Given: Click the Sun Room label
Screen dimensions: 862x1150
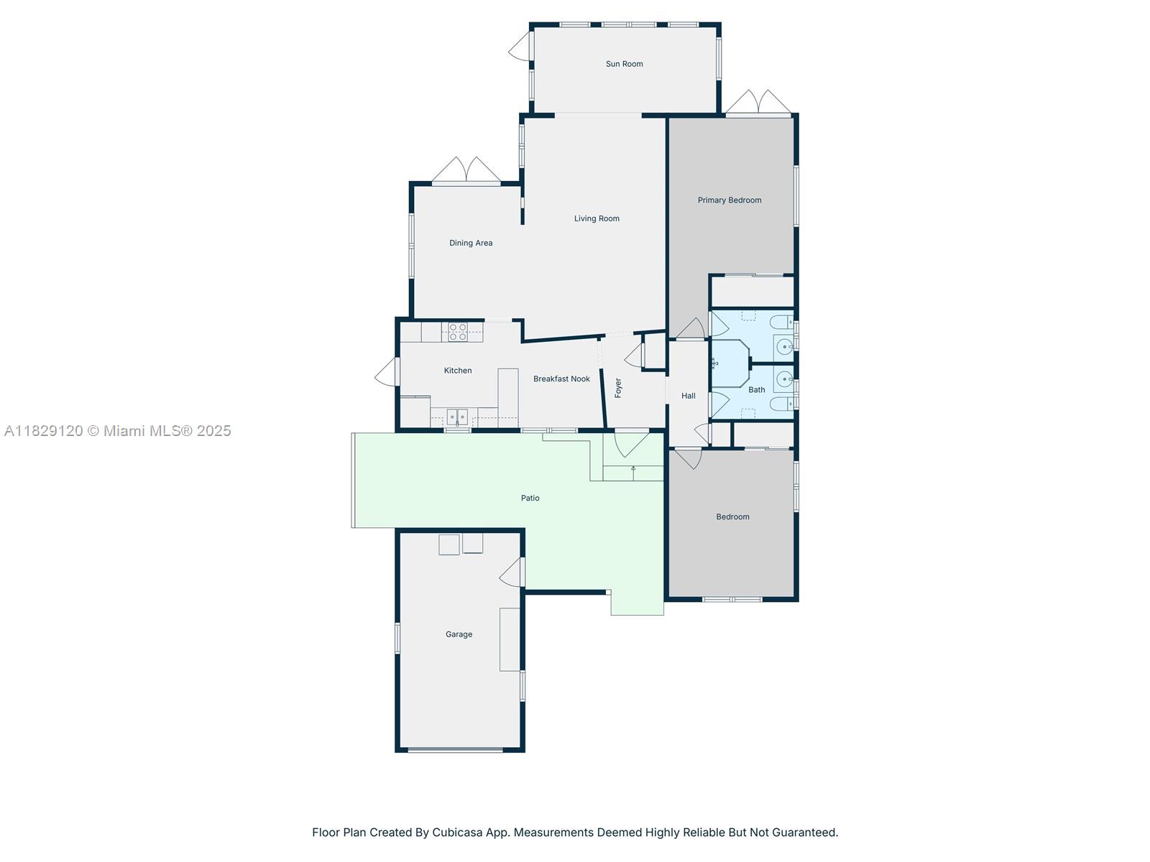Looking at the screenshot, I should coord(624,64).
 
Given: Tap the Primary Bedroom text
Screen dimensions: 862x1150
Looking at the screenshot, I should coord(730,200).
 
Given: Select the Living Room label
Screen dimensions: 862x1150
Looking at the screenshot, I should coord(597,218).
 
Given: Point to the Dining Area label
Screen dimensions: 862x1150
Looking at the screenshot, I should coord(471,243).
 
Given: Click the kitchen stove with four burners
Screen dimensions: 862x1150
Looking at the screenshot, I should coord(458,332).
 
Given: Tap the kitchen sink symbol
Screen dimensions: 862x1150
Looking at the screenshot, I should coord(457,417).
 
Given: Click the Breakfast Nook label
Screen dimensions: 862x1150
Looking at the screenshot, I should coord(561,379).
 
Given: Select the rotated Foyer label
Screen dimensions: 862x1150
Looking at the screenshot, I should coord(618,388).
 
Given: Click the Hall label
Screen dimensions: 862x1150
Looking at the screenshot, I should coord(689,396).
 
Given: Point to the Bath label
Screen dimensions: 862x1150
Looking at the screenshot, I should coord(757,390).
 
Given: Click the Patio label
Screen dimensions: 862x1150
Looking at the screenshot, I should coord(530,498).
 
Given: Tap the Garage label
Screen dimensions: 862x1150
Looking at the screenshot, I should coord(459,634).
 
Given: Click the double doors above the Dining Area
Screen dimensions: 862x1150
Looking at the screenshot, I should coord(466,171).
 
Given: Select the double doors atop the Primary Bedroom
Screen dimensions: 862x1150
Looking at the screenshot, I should coord(758,103).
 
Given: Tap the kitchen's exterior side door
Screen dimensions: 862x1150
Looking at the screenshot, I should coord(386,371).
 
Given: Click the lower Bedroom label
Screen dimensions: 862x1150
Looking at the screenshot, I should coord(732,516).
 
